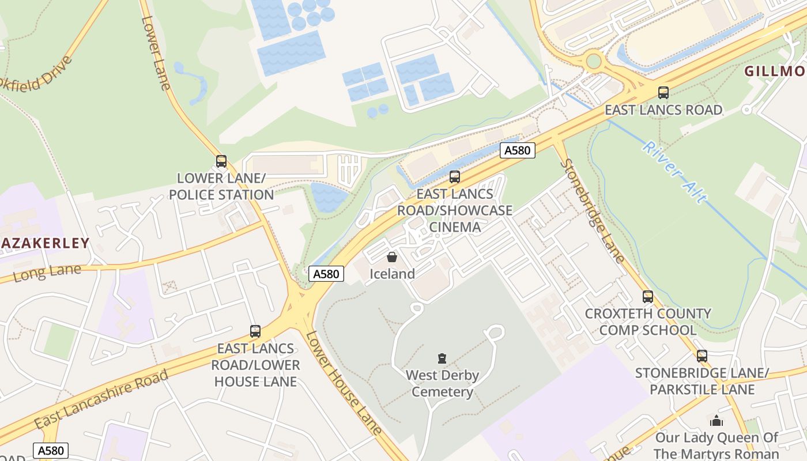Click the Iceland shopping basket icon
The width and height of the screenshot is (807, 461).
pyautogui.click(x=392, y=257)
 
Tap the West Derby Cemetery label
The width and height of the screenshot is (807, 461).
pyautogui.click(x=442, y=384)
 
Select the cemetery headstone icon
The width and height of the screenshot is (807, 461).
pyautogui.click(x=442, y=358)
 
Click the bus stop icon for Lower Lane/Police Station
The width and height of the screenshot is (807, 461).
pyautogui.click(x=221, y=161)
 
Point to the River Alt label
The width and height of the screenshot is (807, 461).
pyautogui.click(x=674, y=172)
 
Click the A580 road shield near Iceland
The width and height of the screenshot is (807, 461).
pyautogui.click(x=326, y=274)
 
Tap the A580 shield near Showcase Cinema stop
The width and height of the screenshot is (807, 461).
pyautogui.click(x=517, y=150)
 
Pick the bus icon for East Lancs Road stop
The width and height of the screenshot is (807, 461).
pyautogui.click(x=663, y=93)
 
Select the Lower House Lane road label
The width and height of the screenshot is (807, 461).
pyautogui.click(x=344, y=383)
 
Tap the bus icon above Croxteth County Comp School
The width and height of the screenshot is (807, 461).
pyautogui.click(x=648, y=297)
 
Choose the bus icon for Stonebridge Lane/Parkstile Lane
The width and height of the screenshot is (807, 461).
pyautogui.click(x=702, y=356)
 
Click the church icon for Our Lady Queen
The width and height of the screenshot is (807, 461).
pyautogui.click(x=717, y=421)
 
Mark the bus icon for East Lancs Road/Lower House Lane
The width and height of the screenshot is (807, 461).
pyautogui.click(x=255, y=331)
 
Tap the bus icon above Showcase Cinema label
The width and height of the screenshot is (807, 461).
pyautogui.click(x=455, y=177)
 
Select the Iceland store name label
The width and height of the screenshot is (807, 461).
pyautogui.click(x=392, y=274)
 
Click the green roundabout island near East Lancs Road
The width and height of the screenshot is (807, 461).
pyautogui.click(x=593, y=61)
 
